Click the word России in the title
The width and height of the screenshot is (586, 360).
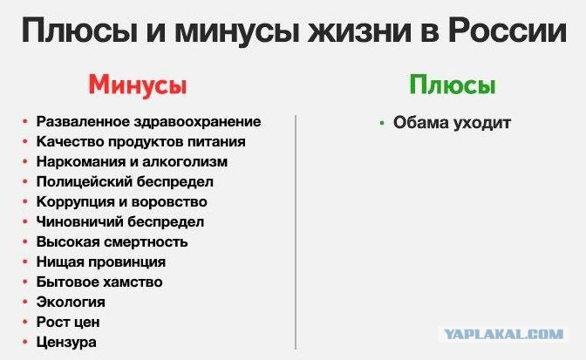click(x=508, y=30)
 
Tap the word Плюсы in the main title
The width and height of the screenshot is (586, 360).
click(x=79, y=31)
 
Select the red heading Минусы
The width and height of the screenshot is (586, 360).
click(x=138, y=85)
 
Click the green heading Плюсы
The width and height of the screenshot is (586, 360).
click(x=453, y=85)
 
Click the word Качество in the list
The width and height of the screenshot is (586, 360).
click(x=63, y=142)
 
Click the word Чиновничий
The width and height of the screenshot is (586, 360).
click(x=79, y=221)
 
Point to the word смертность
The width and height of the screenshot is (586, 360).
click(x=146, y=242)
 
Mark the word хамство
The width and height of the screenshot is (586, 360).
click(x=132, y=282)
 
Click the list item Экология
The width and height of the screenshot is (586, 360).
click(x=71, y=302)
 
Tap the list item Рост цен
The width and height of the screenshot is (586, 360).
click(x=68, y=322)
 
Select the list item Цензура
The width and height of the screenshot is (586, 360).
click(x=66, y=342)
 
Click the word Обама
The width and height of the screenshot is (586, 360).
click(x=419, y=123)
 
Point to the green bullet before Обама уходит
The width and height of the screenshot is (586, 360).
click(x=382, y=123)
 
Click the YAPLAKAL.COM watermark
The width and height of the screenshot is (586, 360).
click(x=503, y=334)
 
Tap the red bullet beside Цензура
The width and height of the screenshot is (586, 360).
click(x=25, y=342)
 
